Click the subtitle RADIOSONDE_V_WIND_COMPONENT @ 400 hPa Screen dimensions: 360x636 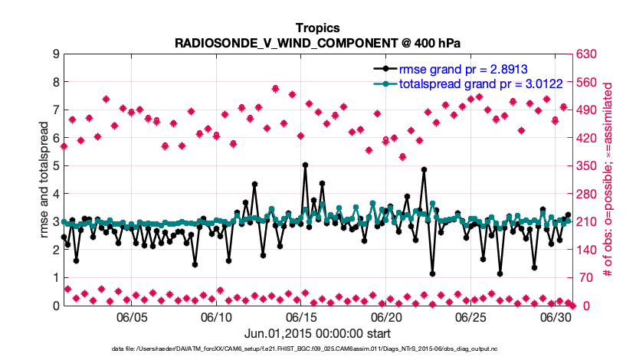(317, 44)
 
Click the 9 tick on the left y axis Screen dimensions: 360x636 (55, 54)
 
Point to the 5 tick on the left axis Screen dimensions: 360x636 (55, 166)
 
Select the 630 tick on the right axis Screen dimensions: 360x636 (588, 54)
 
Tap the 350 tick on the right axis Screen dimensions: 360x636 (588, 166)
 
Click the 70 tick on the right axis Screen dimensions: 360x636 (585, 278)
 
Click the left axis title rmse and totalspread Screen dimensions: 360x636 (44, 179)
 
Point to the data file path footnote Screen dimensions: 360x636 (317, 349)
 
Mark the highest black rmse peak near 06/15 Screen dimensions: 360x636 (305, 165)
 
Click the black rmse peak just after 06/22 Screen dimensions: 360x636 (424, 169)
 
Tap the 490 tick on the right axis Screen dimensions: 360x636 (588, 110)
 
